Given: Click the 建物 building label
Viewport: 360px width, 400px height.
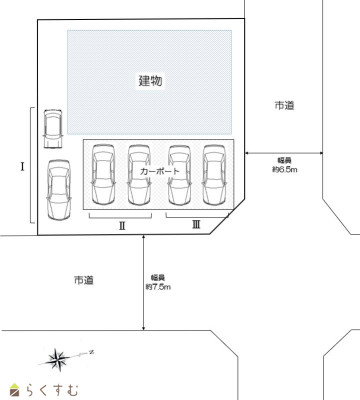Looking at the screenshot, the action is (150, 78).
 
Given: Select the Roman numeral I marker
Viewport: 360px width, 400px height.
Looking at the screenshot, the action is (22, 165).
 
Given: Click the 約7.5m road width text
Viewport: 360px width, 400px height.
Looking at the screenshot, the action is (158, 286).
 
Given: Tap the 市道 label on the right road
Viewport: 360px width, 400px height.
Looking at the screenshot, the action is (283, 104).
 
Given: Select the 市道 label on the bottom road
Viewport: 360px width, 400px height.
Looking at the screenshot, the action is (83, 281).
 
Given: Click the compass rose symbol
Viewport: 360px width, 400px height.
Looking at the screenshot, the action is (60, 356).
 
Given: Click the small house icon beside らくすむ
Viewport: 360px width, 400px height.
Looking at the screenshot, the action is (14, 388).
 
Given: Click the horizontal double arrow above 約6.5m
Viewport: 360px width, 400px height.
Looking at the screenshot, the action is (285, 152).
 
